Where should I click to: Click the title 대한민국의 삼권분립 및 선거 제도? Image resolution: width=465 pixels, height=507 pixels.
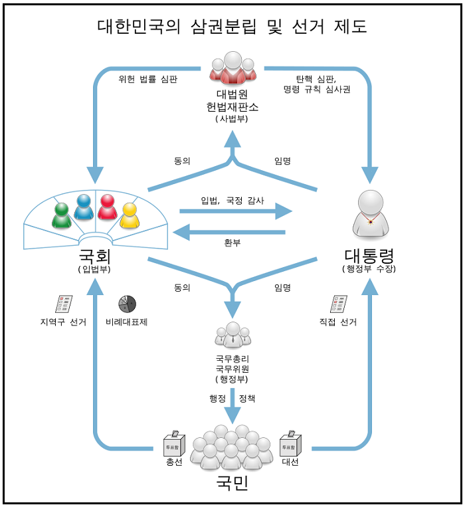232,27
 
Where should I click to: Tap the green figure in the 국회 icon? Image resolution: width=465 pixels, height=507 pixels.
62,215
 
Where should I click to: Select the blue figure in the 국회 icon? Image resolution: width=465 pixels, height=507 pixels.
84,207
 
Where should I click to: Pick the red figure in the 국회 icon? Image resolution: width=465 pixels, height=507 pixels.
107,207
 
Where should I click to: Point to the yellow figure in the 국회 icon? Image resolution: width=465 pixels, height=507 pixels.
129,215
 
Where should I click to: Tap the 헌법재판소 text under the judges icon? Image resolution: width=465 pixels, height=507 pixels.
232,106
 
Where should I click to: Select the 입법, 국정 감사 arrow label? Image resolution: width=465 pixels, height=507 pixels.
232,200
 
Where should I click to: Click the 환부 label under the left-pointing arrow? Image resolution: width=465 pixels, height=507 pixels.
232,243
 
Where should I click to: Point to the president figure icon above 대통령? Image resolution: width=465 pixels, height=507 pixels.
370,213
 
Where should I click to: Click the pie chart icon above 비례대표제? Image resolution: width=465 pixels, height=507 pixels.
127,304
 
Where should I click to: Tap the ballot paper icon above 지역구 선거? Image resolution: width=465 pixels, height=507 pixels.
64,304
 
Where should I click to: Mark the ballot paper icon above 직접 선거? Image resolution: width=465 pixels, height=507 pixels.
339,304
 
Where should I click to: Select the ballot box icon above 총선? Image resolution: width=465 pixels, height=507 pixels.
174,443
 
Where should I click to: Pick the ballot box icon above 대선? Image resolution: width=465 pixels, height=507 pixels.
290,443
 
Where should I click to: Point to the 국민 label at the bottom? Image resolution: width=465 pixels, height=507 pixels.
232,483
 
